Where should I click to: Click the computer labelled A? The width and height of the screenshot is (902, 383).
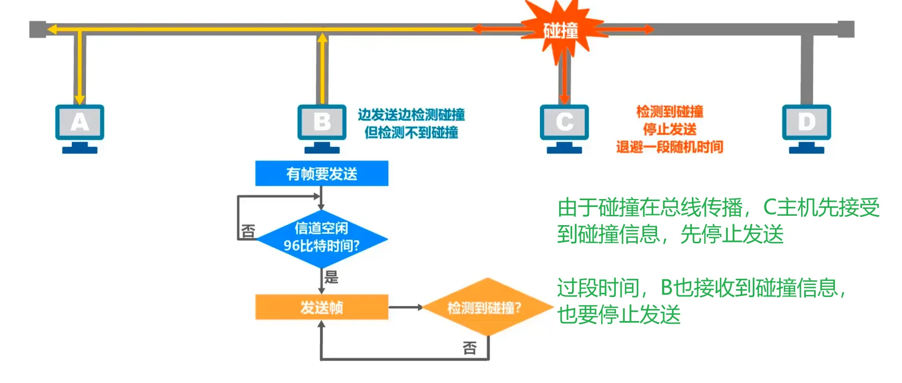pos(80,125)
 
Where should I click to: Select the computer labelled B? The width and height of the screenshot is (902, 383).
pos(322,125)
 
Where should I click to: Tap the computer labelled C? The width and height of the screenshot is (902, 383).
pos(564,125)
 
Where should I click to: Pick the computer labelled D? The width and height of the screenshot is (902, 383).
pos(806,125)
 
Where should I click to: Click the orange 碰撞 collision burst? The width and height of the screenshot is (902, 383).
pos(561,30)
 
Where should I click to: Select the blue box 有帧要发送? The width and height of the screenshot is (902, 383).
pos(321,174)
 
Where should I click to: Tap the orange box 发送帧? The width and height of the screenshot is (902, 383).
pos(321,307)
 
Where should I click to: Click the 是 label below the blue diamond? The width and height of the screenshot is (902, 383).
pos(331,277)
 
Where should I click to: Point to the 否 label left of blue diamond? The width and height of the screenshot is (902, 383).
pos(248,231)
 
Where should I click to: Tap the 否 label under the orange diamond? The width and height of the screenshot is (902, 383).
pos(470,348)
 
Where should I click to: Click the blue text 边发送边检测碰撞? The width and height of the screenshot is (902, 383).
pos(411,115)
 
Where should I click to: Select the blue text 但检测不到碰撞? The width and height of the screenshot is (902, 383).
pos(411,132)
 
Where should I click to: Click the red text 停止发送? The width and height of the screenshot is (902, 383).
pos(669,129)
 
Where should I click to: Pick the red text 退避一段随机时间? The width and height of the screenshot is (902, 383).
pos(669,147)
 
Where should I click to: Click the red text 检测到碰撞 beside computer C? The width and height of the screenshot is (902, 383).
pos(669,112)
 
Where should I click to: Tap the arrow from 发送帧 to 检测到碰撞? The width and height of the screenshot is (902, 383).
pos(406,307)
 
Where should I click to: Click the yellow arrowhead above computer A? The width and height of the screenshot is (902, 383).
pos(80,98)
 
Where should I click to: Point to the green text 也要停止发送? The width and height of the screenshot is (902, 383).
pos(619,315)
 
